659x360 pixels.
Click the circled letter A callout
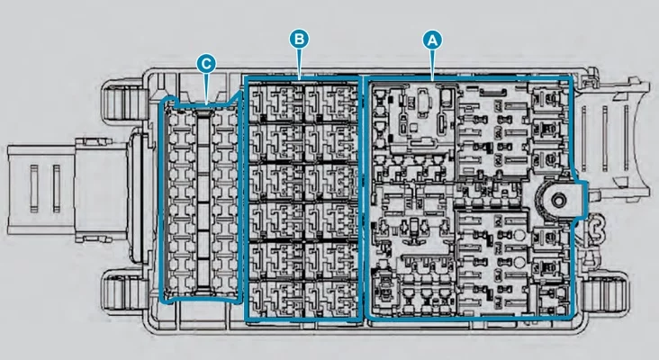[x=432, y=40]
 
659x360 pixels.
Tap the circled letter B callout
[x=299, y=39]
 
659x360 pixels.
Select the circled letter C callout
[x=206, y=64]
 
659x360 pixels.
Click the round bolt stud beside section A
[x=558, y=201]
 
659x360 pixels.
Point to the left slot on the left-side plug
[x=33, y=188]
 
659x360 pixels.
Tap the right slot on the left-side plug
[x=57, y=188]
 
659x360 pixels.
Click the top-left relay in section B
[x=275, y=103]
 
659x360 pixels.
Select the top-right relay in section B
[x=331, y=103]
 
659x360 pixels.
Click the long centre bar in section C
[x=203, y=202]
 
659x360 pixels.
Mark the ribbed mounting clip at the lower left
[x=124, y=292]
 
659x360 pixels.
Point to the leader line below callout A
[x=432, y=65]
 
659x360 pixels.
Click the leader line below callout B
[x=299, y=63]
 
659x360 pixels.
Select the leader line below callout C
[x=206, y=88]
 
